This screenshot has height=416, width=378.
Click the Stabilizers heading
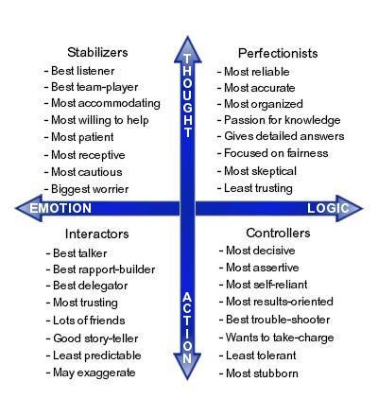point(97,52)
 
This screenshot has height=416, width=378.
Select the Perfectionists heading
point(278,53)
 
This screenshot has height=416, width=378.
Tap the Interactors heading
point(97,234)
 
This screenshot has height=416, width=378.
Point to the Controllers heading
point(278,233)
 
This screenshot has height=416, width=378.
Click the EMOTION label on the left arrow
point(60,208)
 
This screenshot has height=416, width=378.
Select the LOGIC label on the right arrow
point(328,208)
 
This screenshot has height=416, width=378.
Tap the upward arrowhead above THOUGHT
point(188,49)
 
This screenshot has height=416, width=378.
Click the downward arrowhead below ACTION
point(187,367)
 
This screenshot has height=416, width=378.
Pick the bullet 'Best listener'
point(79,71)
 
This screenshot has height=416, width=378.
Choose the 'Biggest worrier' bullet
point(86,189)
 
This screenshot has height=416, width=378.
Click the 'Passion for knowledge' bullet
point(279,120)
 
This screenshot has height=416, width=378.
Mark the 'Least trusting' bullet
point(255,188)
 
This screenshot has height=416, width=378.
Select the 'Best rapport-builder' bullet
point(100,269)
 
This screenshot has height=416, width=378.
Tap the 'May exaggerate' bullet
point(91,373)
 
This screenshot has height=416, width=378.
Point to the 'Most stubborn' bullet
point(259,373)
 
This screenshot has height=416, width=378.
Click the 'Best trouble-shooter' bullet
point(275,320)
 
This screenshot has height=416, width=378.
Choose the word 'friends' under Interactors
point(108,321)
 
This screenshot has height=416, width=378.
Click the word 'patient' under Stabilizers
point(96,137)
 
